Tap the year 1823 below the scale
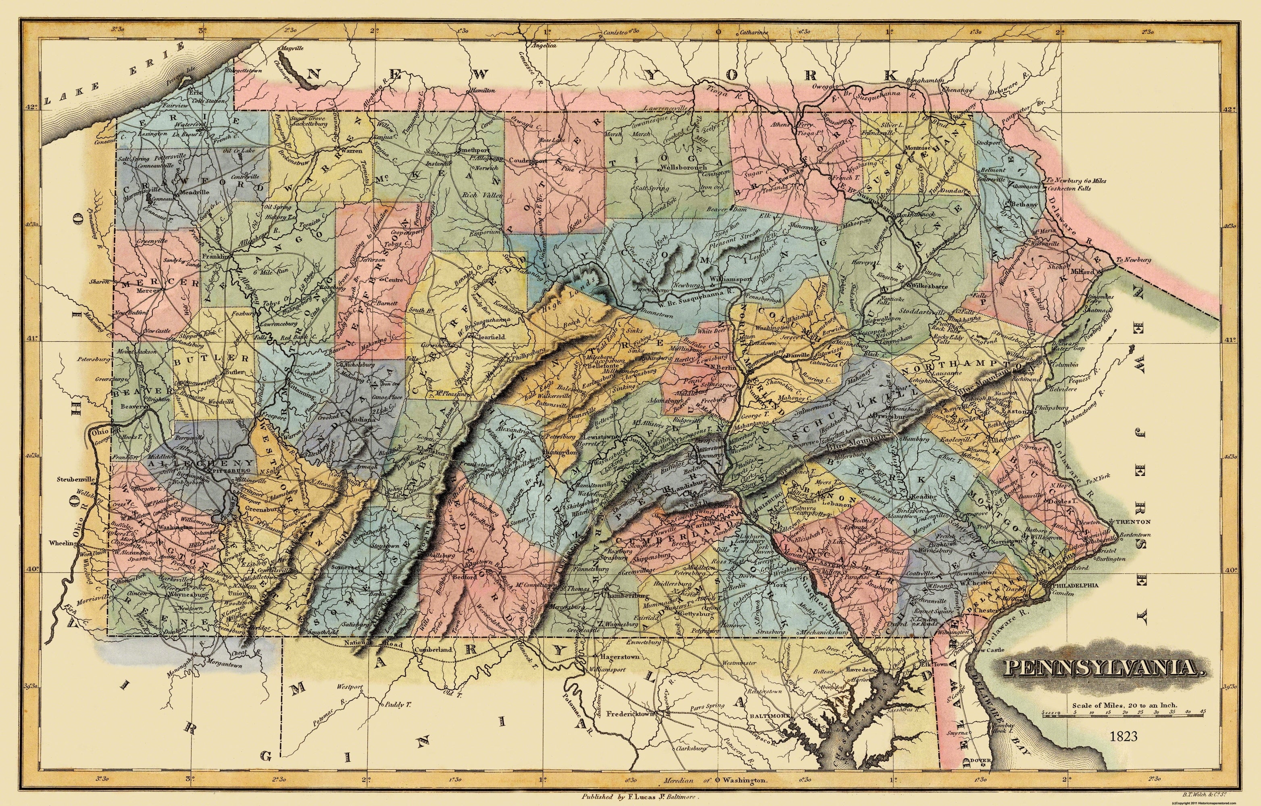1123,736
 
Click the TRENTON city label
1133,522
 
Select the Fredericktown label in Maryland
631,714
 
